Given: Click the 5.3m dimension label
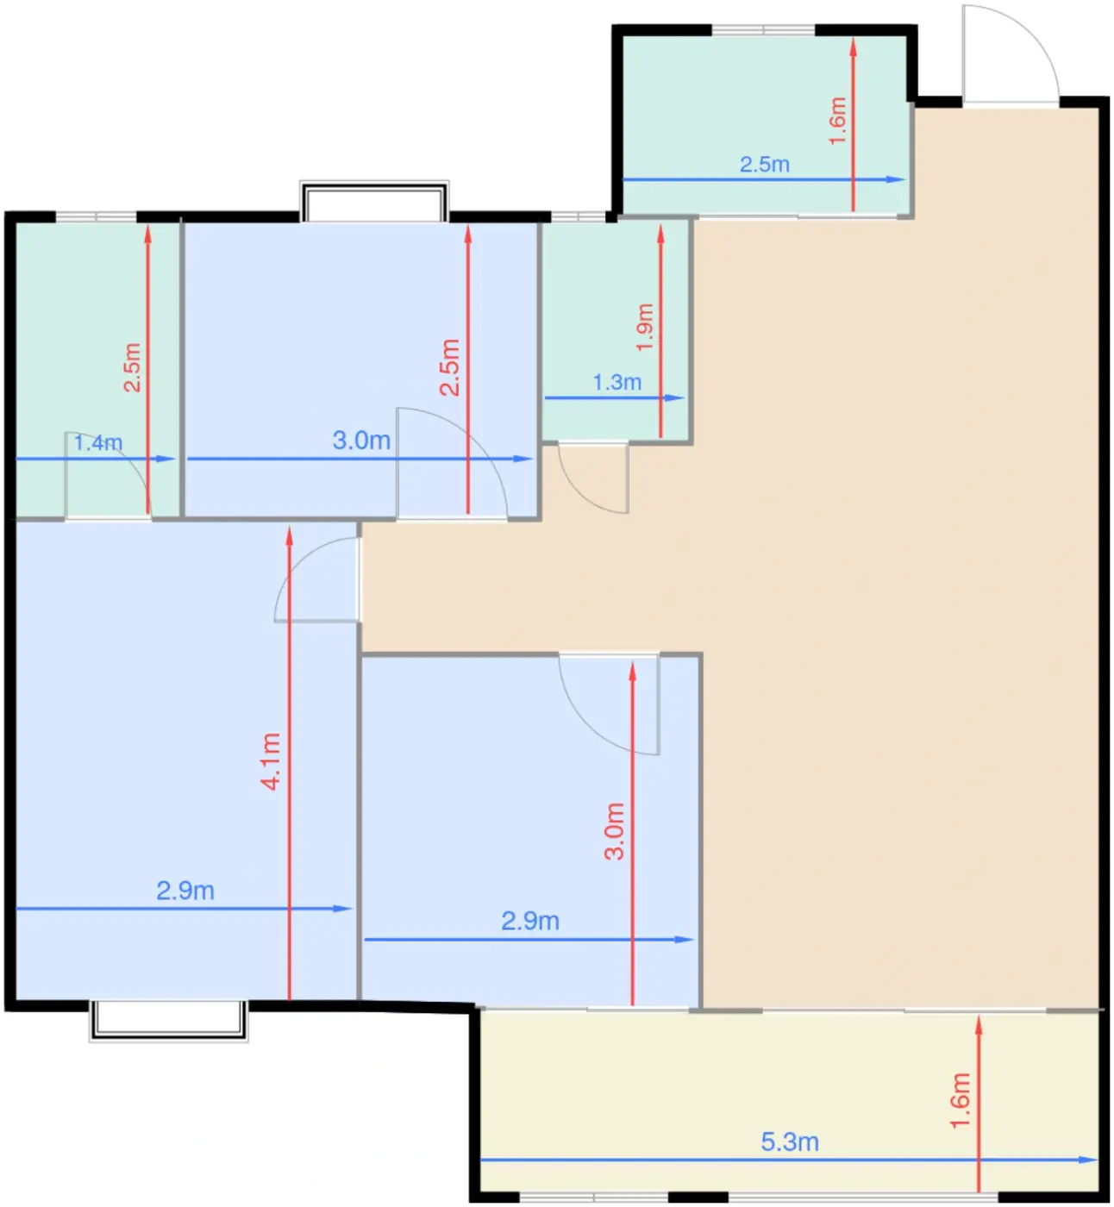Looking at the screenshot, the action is [x=789, y=1141].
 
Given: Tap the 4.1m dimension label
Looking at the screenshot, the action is [x=271, y=761].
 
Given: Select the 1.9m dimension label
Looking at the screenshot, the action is [x=645, y=327].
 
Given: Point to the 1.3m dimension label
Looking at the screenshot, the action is [x=616, y=382].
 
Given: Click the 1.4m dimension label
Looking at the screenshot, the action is [x=97, y=442].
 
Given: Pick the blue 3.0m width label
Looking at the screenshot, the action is [x=361, y=440].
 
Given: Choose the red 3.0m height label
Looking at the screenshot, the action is [x=614, y=831].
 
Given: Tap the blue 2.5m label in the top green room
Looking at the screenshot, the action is [x=764, y=164].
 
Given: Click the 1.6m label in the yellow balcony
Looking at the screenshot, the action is [x=961, y=1100].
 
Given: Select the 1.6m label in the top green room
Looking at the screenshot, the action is [x=837, y=121].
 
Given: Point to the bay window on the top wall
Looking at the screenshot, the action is [x=374, y=201].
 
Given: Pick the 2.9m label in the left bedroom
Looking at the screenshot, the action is [x=185, y=891].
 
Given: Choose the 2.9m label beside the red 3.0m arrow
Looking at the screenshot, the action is [x=530, y=921].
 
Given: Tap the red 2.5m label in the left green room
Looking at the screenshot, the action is [x=132, y=367].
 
